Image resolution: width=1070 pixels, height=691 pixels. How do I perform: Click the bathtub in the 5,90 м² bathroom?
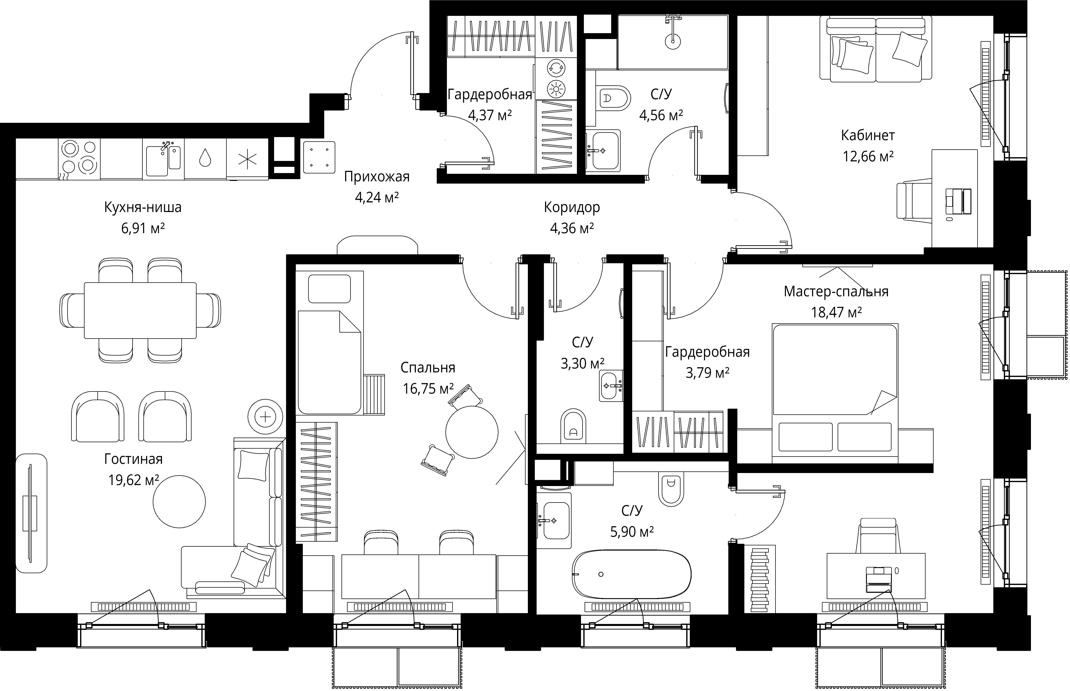631,574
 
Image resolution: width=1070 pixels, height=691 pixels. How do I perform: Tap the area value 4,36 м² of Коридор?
572,228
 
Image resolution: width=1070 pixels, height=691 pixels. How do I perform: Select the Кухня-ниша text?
143,207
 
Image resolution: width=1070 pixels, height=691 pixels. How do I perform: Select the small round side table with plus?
266,417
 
